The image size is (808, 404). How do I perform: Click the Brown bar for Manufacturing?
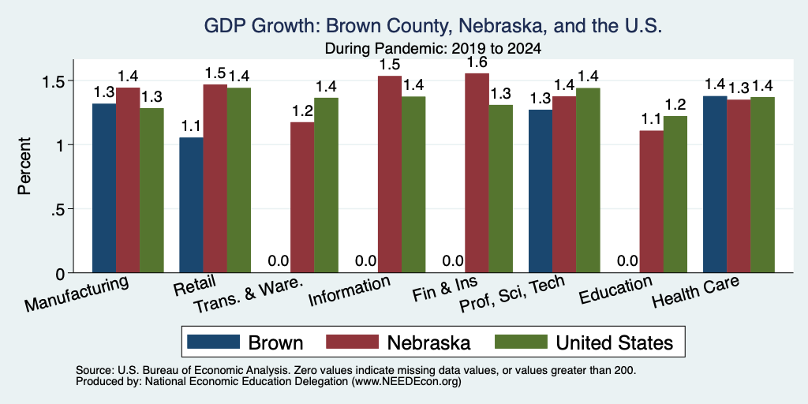click(x=104, y=188)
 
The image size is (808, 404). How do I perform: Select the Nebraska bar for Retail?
click(x=215, y=179)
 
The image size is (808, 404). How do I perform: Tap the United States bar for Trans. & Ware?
click(x=326, y=185)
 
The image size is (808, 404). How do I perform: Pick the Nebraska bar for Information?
click(x=390, y=174)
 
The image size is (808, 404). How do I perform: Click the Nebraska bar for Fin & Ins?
click(x=477, y=173)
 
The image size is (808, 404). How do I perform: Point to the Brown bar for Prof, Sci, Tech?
click(x=540, y=191)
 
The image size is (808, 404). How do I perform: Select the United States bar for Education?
click(x=675, y=194)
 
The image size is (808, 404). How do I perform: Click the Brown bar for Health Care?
click(x=715, y=185)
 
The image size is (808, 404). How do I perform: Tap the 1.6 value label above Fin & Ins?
click(x=477, y=63)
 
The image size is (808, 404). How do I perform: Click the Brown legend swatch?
click(x=213, y=342)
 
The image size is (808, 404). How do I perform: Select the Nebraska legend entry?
click(x=398, y=342)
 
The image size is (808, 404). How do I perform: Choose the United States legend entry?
click(x=583, y=342)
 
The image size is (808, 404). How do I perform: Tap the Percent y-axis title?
click(x=24, y=166)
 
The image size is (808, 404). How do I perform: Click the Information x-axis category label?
click(x=349, y=291)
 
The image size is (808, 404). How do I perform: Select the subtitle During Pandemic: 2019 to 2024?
click(x=432, y=49)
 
